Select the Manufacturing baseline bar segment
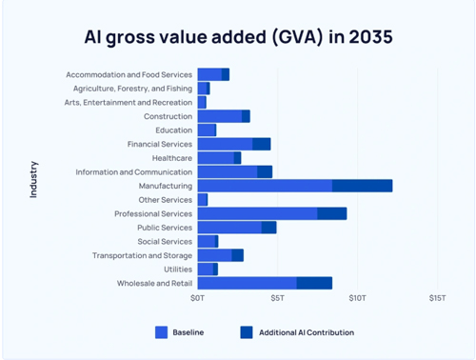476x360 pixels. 265,186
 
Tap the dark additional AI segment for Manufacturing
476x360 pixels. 362,186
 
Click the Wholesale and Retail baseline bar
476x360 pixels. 247,283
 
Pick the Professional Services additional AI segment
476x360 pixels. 331,213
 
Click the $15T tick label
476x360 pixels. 436,299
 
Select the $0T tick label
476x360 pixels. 197,299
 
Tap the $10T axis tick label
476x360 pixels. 357,299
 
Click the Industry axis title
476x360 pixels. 34,179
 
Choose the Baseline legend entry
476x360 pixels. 182,332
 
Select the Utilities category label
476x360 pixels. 177,270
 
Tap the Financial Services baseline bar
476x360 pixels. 225,144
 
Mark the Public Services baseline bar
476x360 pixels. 229,228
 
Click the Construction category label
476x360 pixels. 168,116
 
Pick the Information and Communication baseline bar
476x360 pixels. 227,171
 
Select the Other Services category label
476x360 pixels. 165,200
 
